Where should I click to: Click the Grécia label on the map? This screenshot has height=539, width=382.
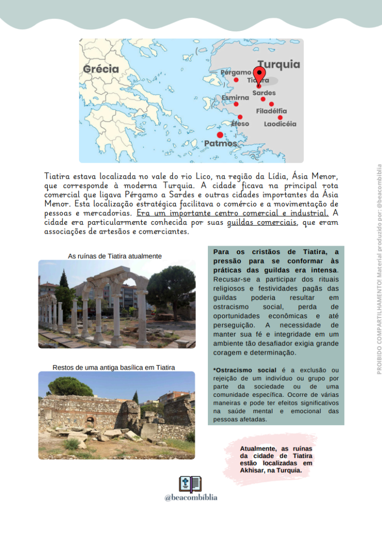point(101,69)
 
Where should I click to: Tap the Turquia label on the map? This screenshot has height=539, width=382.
point(279,65)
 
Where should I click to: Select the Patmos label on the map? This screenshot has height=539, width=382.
point(221,143)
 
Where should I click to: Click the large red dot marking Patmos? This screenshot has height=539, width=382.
point(220,135)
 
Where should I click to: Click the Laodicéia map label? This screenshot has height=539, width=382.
point(280,124)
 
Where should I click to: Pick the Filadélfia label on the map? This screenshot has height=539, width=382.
point(272,111)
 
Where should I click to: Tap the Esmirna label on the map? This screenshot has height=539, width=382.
point(235,97)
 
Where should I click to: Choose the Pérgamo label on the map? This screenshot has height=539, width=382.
point(236,72)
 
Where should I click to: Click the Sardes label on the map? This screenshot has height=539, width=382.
point(264,93)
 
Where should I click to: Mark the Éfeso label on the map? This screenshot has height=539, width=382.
point(240,123)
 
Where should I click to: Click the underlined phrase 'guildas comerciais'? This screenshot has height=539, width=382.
point(262,223)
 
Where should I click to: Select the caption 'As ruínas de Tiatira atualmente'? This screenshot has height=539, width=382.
point(114,256)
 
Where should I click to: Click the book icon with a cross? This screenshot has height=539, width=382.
point(190,484)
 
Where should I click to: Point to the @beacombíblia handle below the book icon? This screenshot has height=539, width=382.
point(191,498)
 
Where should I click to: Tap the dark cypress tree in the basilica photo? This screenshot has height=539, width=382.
point(136,396)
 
